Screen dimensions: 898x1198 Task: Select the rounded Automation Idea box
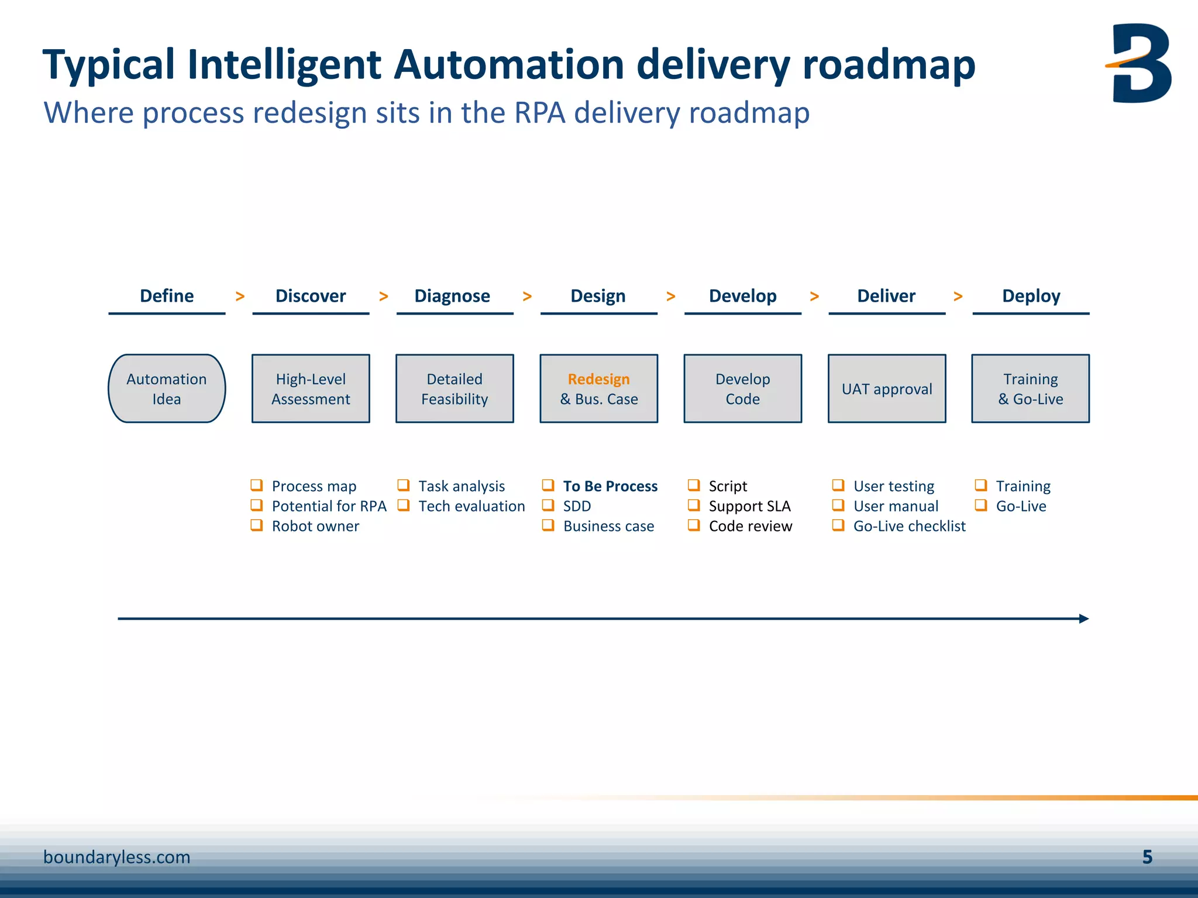(x=167, y=389)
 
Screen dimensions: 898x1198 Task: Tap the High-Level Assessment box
(x=311, y=389)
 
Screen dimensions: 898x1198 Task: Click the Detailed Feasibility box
(x=455, y=389)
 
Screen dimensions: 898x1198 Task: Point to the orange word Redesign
(x=598, y=379)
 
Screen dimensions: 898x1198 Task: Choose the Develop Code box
(x=742, y=389)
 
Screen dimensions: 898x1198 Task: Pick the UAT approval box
(x=887, y=389)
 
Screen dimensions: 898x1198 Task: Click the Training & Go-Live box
(x=1030, y=389)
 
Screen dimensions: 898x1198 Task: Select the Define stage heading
(x=167, y=296)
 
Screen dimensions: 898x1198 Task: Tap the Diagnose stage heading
(x=452, y=296)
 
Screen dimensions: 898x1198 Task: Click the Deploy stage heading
(x=1031, y=296)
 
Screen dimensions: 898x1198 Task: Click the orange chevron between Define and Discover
(x=240, y=296)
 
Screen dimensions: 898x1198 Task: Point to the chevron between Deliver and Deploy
(x=958, y=296)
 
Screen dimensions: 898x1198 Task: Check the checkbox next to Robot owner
(x=256, y=525)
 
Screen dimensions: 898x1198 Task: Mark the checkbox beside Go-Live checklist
(x=838, y=525)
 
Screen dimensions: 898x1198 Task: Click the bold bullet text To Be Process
(x=610, y=486)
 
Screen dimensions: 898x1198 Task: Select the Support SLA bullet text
(x=749, y=506)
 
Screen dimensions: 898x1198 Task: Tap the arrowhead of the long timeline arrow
(x=1084, y=619)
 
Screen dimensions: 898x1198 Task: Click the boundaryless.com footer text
(x=117, y=857)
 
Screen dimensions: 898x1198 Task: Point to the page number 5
(x=1147, y=857)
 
